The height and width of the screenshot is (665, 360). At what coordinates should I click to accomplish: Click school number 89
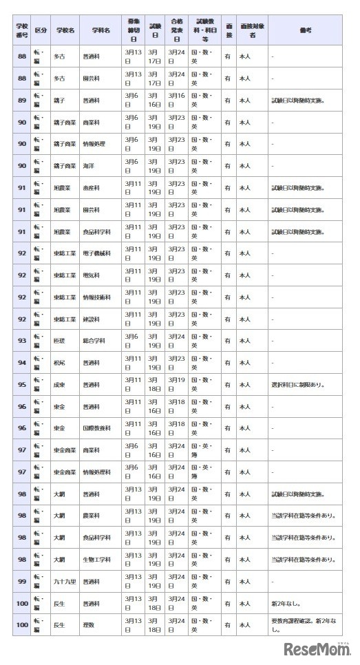coord(21,101)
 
